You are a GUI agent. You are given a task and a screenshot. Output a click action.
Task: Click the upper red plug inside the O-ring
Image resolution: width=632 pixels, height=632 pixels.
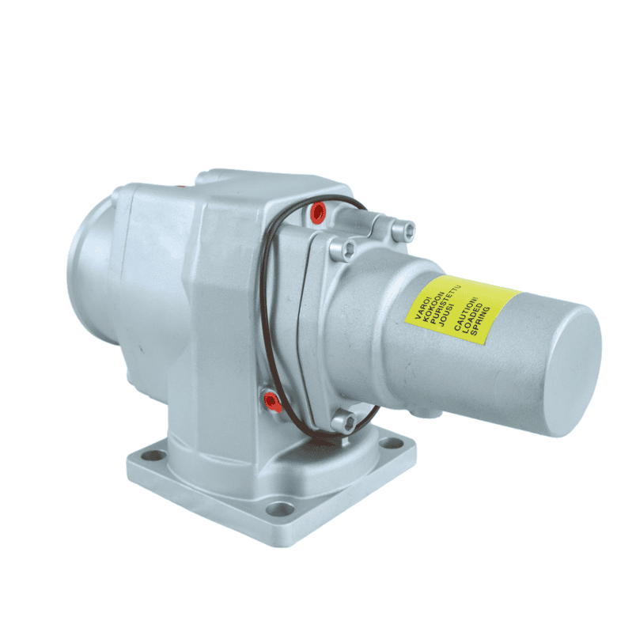pos(318,212)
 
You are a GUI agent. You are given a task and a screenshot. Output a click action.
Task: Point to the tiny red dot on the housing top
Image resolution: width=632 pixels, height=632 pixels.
pos(180,186)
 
